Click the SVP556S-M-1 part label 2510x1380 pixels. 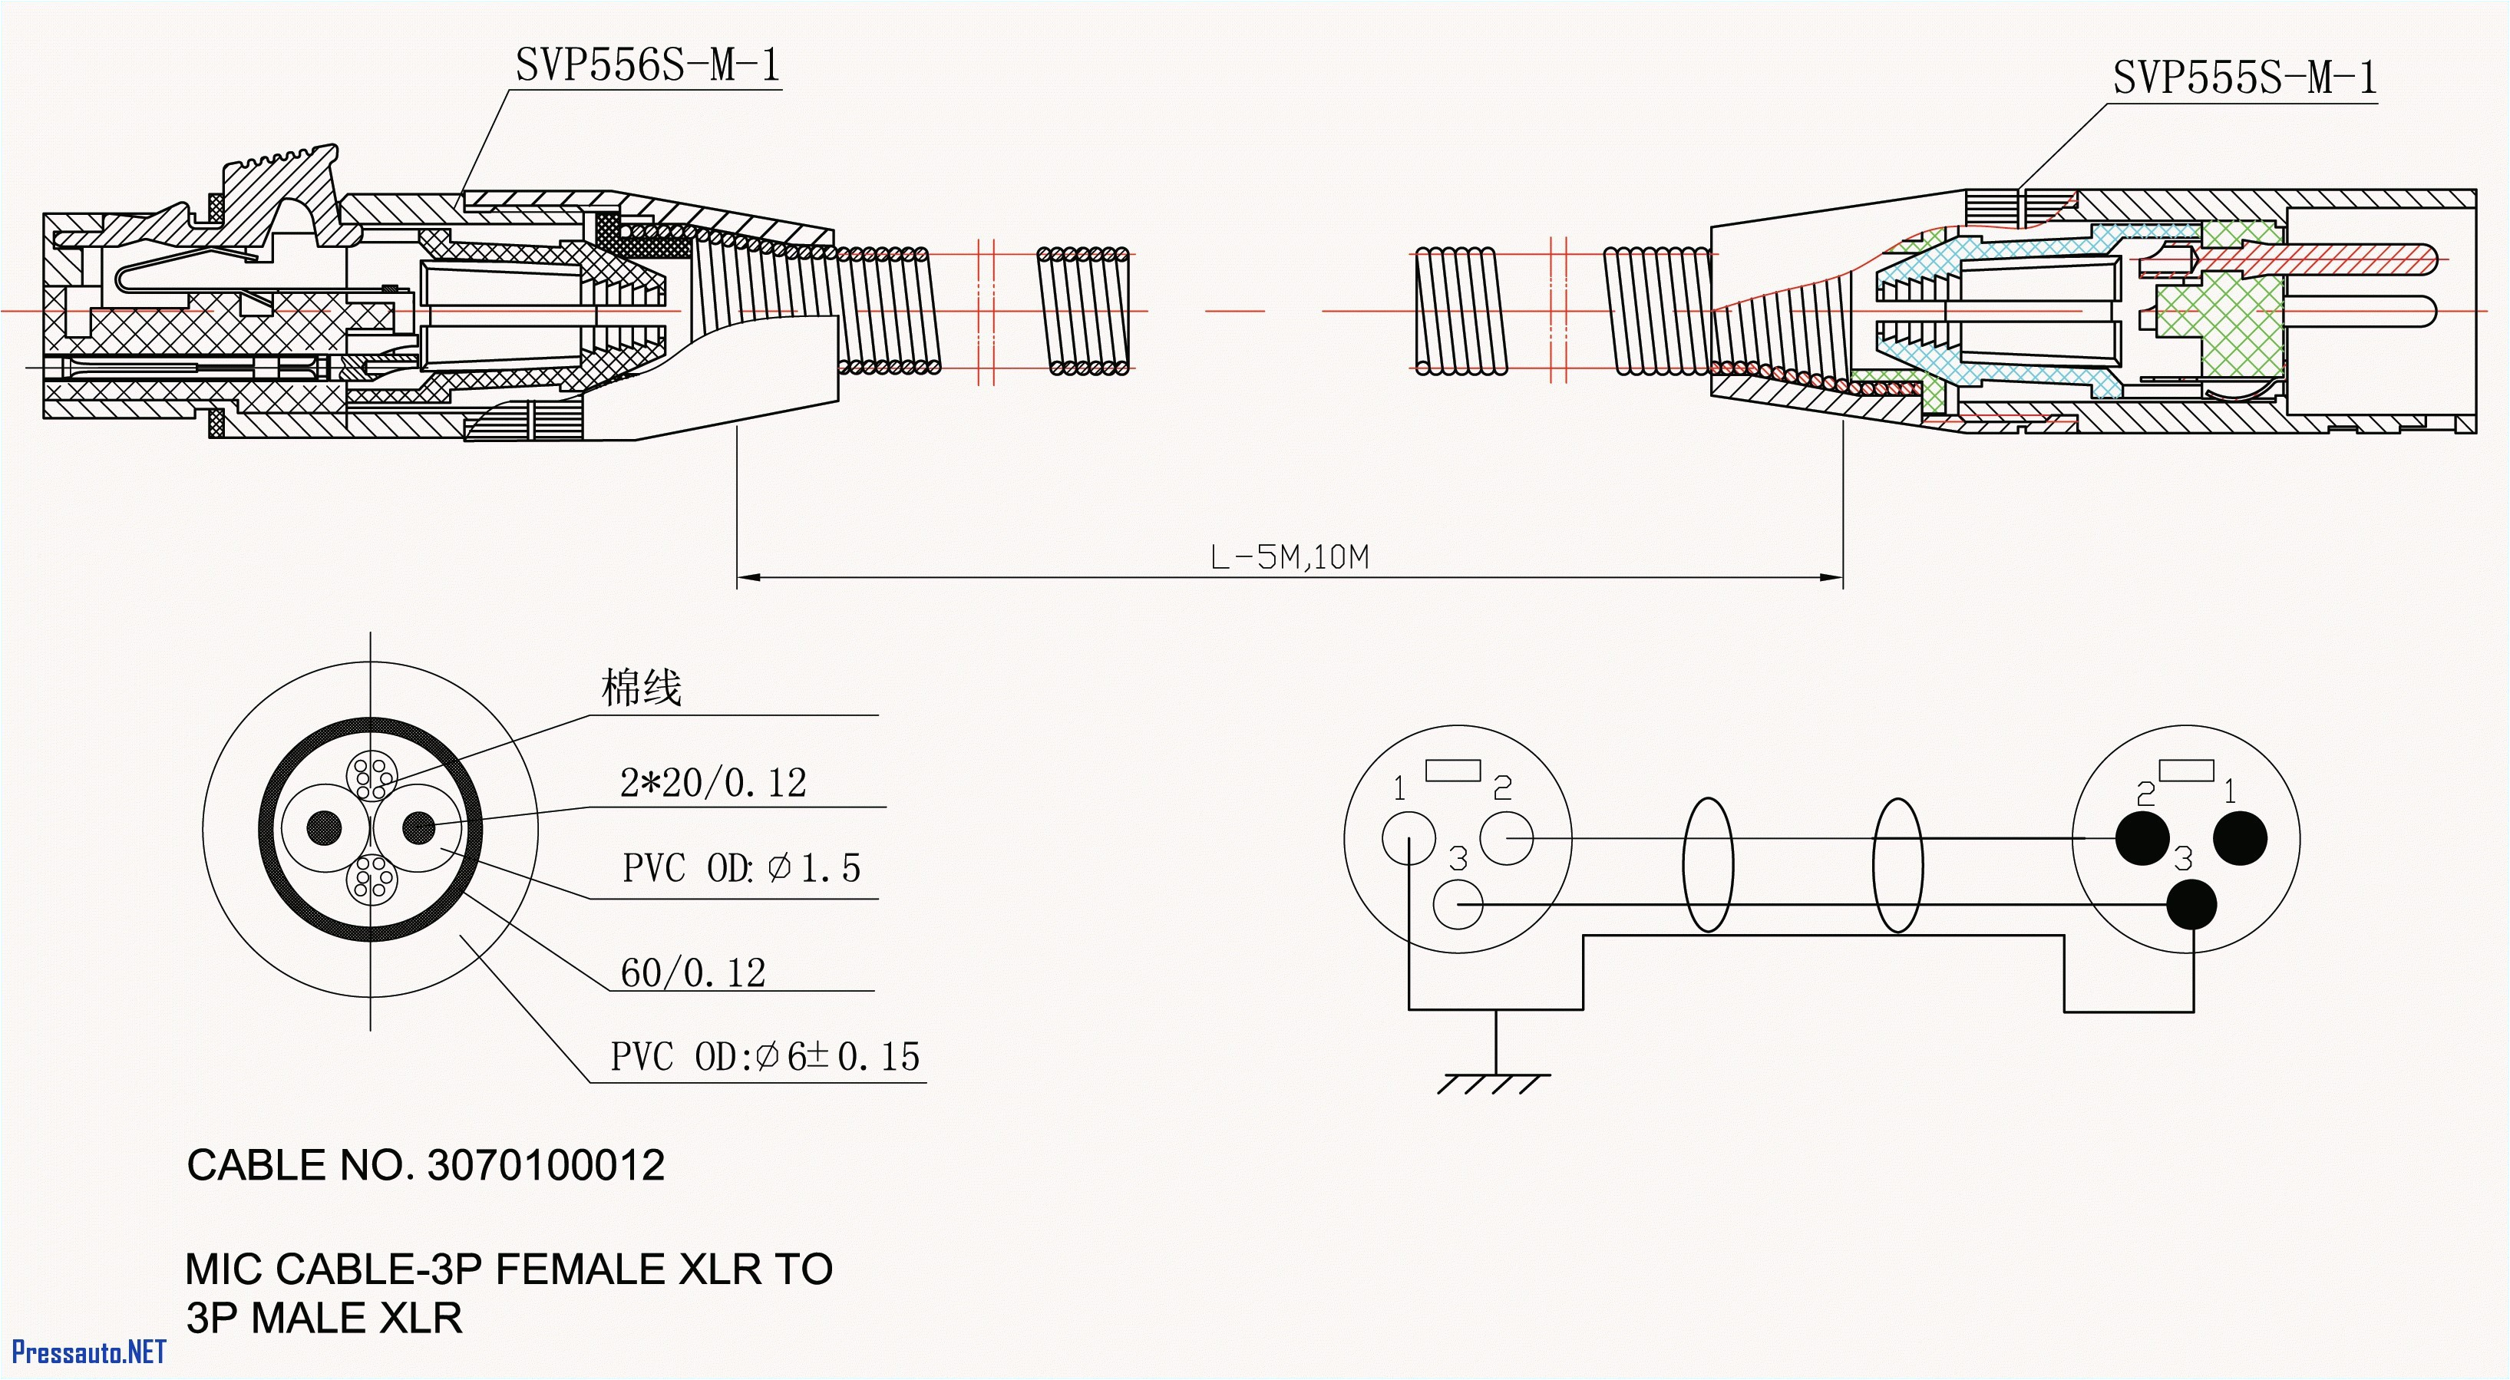click(x=648, y=66)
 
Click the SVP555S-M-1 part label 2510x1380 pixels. click(x=2244, y=78)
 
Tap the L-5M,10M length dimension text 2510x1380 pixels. click(x=1288, y=557)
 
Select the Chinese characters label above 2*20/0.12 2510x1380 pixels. click(x=640, y=687)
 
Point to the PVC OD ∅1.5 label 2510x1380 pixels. click(x=741, y=867)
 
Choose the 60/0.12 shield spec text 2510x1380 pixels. click(x=693, y=972)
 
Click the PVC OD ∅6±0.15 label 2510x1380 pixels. click(x=765, y=1056)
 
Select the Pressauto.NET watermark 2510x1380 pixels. click(x=88, y=1352)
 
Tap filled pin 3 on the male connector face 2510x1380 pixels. click(x=2191, y=904)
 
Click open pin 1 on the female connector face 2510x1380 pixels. click(x=1408, y=838)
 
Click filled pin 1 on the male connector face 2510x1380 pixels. click(x=2240, y=838)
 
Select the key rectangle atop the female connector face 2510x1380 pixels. click(x=1453, y=770)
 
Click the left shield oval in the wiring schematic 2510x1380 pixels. click(x=1707, y=864)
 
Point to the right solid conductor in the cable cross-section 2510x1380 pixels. click(x=419, y=827)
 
